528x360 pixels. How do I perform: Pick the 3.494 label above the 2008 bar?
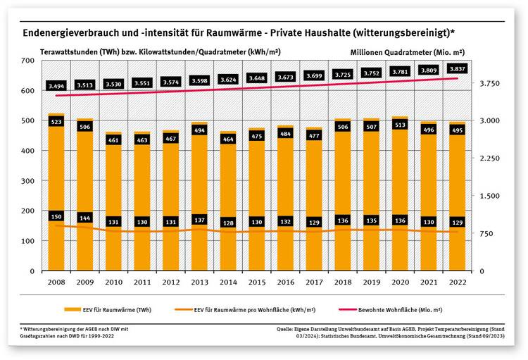(56, 85)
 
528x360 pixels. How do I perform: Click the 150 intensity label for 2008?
(56, 216)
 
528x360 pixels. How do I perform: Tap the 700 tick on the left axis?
(27, 61)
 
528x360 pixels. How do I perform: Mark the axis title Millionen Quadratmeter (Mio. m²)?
(408, 52)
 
